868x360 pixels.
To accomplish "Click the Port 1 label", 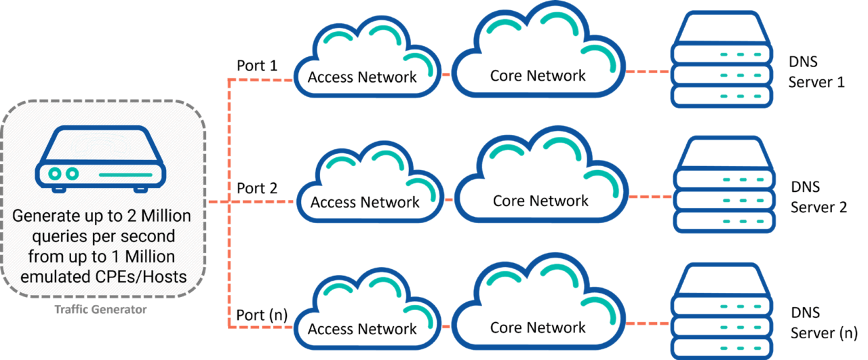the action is [x=257, y=66].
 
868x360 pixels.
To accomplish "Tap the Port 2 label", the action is [x=257, y=188].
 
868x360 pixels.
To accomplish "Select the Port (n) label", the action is [x=262, y=315].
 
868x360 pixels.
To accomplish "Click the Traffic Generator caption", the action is [x=100, y=310].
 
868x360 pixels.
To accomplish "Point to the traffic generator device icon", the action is [x=100, y=159].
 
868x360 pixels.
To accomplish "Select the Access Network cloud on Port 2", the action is [x=370, y=182].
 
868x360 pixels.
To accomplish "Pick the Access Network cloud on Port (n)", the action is [x=367, y=308].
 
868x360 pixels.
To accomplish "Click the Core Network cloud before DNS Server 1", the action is [x=538, y=49].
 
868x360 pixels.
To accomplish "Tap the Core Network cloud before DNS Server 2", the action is [x=541, y=174].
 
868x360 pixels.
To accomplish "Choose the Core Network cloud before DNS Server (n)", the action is [x=538, y=301].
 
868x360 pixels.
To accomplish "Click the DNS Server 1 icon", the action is [x=722, y=59].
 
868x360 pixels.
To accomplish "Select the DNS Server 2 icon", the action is [x=724, y=184].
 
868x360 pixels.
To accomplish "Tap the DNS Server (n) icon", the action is [x=722, y=311].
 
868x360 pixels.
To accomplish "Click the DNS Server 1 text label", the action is [x=816, y=72].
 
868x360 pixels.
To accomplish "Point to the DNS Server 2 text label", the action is [x=818, y=197].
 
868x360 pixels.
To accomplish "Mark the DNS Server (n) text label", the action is [x=824, y=323].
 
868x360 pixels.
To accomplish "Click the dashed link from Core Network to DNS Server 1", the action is [x=648, y=72].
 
